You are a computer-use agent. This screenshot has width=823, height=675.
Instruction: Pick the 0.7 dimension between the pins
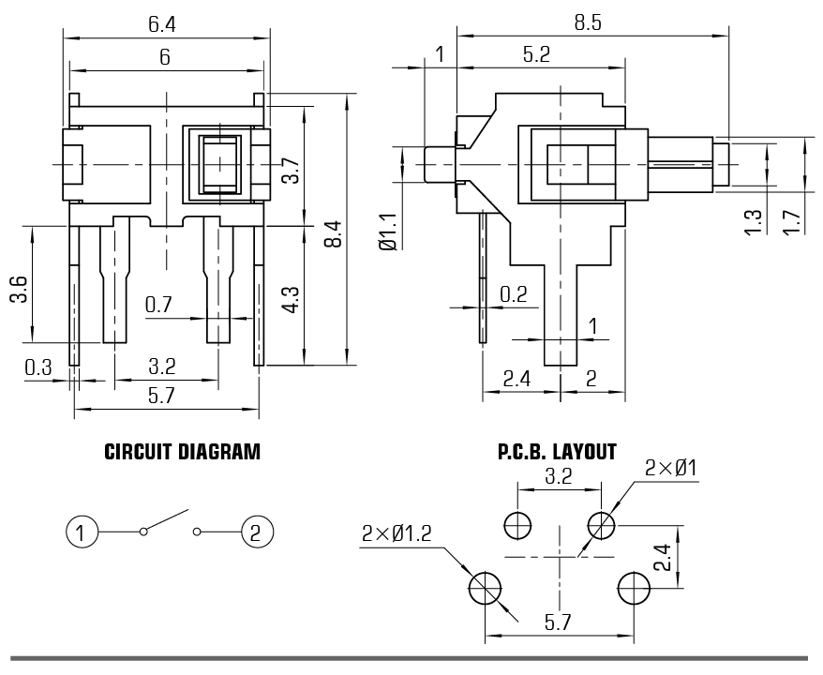click(x=158, y=305)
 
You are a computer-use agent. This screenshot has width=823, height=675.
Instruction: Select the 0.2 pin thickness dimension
click(x=513, y=294)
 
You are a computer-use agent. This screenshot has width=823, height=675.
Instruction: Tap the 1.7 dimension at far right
click(x=793, y=222)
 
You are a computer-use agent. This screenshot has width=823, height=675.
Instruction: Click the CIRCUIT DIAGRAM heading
click(x=182, y=452)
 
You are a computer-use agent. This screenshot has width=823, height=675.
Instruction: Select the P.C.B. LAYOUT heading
click(x=557, y=452)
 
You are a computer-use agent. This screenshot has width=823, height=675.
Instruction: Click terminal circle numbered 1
click(x=82, y=532)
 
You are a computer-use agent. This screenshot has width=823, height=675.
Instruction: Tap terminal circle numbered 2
click(x=255, y=532)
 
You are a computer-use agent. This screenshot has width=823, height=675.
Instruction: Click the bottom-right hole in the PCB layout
click(x=635, y=589)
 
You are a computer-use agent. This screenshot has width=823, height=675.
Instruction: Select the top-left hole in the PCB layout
click(x=516, y=525)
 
